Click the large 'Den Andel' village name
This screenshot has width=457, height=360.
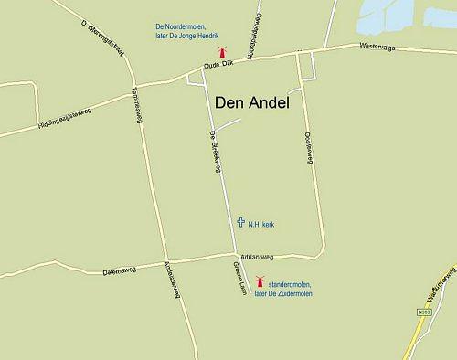point(250,103)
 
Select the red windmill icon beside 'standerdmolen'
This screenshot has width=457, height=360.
point(259,283)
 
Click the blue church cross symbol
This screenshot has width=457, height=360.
point(240,222)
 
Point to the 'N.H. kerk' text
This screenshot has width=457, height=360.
point(262,223)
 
